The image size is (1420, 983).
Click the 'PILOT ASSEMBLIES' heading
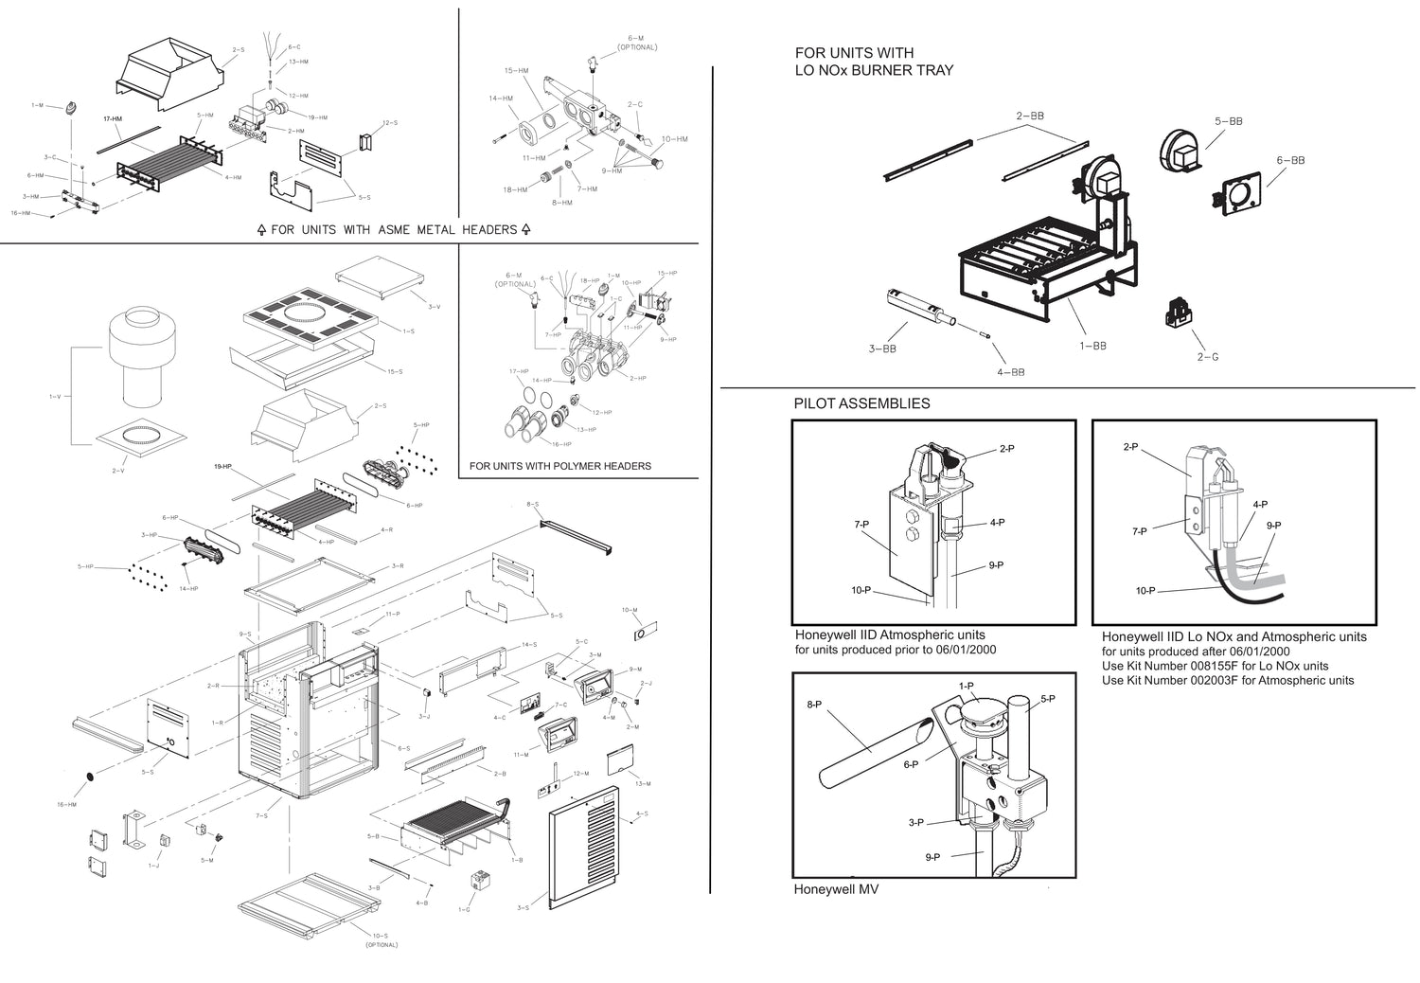click(861, 403)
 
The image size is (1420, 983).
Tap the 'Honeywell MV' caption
click(836, 890)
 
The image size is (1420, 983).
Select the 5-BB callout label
click(1229, 121)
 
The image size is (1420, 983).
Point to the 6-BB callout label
click(1290, 160)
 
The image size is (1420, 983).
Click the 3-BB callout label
click(882, 349)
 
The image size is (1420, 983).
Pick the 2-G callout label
click(1207, 357)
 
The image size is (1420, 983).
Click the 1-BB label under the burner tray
click(1092, 346)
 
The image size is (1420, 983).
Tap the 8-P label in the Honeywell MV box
click(813, 704)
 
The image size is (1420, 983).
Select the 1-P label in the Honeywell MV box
click(966, 685)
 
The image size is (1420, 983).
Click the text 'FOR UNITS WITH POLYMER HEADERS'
click(560, 466)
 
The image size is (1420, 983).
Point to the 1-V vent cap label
click(55, 396)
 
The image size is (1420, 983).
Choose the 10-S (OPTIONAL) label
click(381, 939)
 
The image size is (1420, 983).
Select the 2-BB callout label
click(1030, 116)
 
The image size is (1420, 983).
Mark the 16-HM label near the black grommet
click(66, 804)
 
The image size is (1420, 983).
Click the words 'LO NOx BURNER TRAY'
click(874, 70)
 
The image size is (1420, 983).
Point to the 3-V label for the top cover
click(434, 307)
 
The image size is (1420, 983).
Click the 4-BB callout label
click(1010, 372)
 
